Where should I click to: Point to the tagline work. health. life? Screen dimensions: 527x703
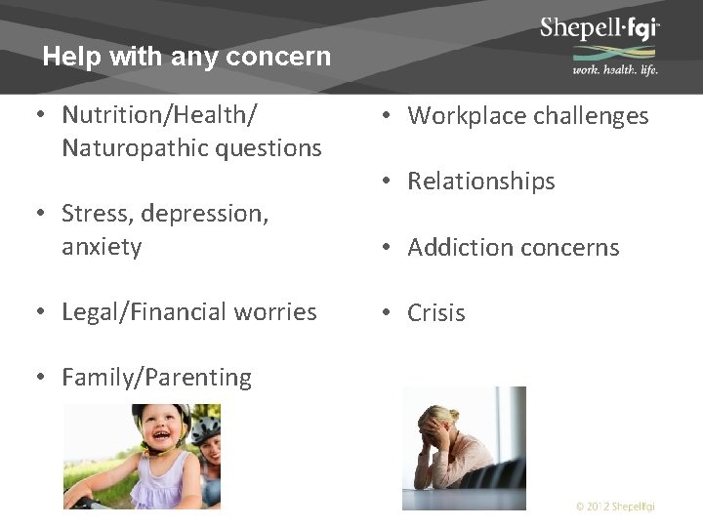[x=614, y=69]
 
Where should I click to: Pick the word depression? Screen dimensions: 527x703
[x=196, y=214]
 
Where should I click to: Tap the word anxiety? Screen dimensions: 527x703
[x=102, y=247]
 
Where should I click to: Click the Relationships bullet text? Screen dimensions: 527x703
[x=480, y=182]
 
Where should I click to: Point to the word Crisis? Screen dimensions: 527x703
[x=435, y=313]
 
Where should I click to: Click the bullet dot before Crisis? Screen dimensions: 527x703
[x=388, y=312]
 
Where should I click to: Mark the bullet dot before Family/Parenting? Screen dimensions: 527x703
[x=41, y=377]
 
